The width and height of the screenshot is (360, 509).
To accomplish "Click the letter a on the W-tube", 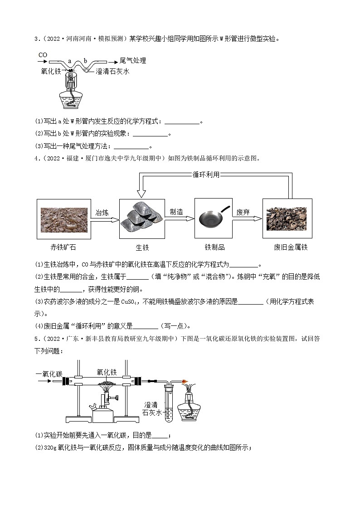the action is (x=69, y=61).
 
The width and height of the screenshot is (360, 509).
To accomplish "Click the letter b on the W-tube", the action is (x=85, y=61).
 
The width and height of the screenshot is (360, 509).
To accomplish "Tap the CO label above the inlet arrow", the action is (x=43, y=55).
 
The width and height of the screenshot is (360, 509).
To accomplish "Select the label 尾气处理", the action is (x=133, y=61).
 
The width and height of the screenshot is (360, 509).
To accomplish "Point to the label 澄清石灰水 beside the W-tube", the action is (x=113, y=71).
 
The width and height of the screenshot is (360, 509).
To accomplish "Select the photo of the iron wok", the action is (x=213, y=218).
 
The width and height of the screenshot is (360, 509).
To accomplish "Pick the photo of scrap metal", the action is (x=287, y=218).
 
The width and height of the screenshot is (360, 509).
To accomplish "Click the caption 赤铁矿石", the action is (x=62, y=247).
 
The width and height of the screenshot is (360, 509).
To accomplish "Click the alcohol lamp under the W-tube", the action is (x=71, y=93).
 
